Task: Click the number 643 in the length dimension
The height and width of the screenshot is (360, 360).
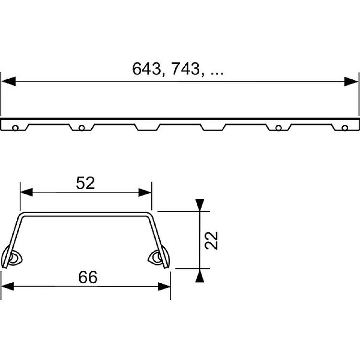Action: click(146, 69)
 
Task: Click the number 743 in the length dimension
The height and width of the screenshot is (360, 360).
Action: click(186, 69)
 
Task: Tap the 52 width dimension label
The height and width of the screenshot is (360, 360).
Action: click(85, 183)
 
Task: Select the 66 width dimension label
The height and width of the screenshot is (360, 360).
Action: click(88, 277)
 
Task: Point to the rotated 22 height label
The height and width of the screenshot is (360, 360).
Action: click(212, 240)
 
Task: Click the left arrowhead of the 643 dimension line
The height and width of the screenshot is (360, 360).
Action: click(9, 81)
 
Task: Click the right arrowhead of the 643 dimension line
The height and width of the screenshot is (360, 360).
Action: click(351, 81)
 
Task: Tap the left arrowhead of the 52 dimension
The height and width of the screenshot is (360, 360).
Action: click(26, 192)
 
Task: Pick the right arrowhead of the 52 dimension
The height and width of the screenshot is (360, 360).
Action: click(145, 192)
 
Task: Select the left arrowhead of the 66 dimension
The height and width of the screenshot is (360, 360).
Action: click(7, 286)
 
